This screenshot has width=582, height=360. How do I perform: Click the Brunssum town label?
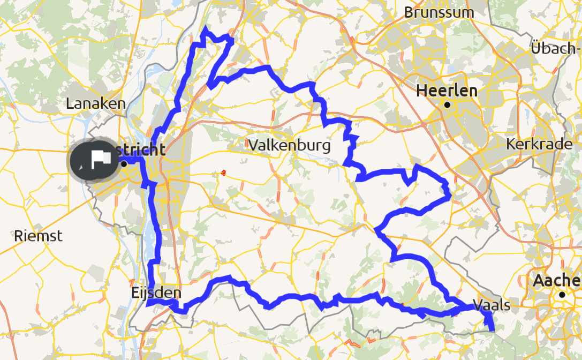439,12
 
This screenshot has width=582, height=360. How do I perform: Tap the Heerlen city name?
447,91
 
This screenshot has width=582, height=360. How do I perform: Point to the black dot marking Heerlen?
446,105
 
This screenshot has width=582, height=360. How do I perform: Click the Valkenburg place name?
289,145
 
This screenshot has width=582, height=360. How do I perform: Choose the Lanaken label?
95,104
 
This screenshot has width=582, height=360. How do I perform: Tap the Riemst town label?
38,235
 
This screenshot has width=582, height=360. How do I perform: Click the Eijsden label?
156,293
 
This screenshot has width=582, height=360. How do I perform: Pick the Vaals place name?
492,305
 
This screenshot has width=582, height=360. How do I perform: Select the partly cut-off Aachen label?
557,280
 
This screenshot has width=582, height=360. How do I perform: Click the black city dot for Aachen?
562,294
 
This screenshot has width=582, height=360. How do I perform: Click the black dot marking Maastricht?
124,164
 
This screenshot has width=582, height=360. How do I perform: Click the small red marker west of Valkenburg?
222,172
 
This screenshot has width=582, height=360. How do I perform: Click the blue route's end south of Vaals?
492,328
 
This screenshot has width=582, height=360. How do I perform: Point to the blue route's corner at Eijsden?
148,304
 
